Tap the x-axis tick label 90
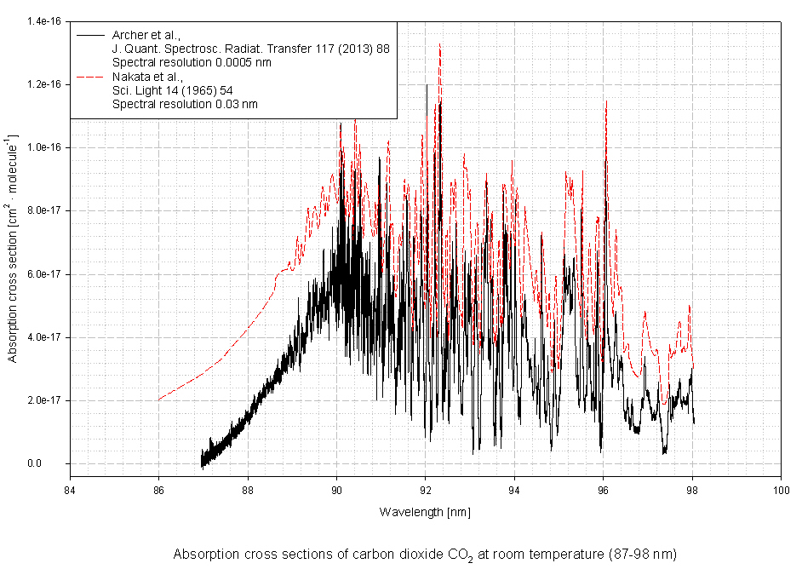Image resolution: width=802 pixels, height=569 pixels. [x=336, y=491]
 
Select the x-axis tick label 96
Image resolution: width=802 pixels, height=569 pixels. [x=603, y=491]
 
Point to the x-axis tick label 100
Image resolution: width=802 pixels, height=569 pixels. [x=780, y=491]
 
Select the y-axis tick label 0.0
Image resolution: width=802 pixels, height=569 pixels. [x=53, y=463]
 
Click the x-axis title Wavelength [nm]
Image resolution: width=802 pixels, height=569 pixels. [x=425, y=512]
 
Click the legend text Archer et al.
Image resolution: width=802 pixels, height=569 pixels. [x=146, y=35]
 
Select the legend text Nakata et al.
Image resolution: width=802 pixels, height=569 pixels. [x=146, y=77]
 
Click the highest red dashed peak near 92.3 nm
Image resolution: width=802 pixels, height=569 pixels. [x=439, y=44]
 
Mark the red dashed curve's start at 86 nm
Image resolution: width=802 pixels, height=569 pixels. [x=159, y=399]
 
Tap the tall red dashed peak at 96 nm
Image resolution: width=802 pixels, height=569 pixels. [x=605, y=102]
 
